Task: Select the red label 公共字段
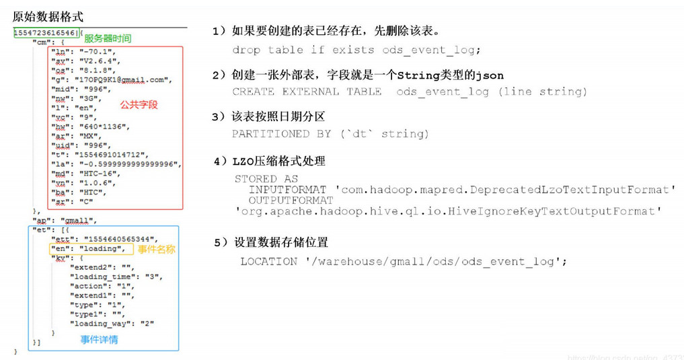139,105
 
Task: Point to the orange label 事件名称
156,249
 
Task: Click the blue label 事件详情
99,339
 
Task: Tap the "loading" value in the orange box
102,249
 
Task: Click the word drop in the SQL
245,50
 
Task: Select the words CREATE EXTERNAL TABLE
307,92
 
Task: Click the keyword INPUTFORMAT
289,190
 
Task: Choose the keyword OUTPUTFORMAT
291,201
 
